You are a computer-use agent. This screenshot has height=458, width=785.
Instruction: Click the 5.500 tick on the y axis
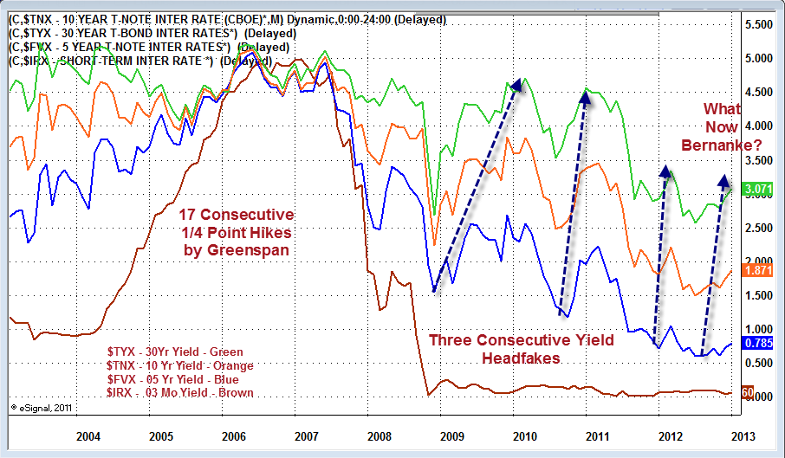757,25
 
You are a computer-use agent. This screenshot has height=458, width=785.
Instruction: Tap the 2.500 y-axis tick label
757,228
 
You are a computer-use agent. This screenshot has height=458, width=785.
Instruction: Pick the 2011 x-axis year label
595,434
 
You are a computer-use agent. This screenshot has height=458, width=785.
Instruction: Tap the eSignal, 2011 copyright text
40,406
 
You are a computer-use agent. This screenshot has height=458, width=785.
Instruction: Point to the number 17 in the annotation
187,215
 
